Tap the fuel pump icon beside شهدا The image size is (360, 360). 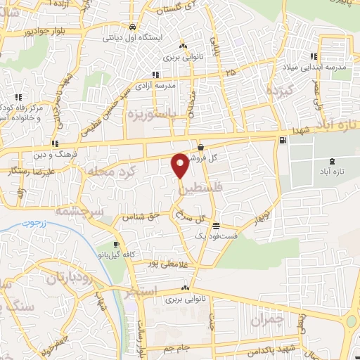(x=283, y=140)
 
